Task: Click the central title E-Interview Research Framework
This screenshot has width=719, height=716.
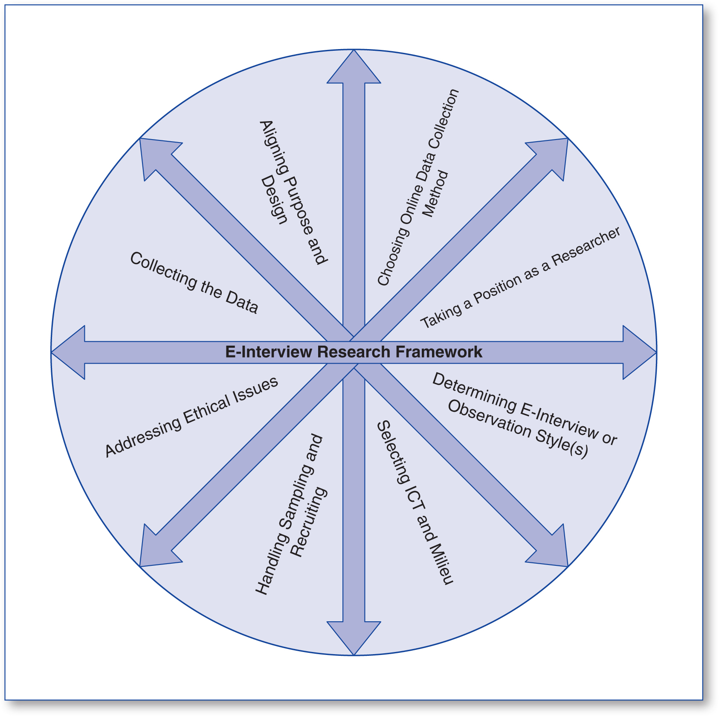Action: point(354,352)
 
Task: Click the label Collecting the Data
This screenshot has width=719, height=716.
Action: point(194,283)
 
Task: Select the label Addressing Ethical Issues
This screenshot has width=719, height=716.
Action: point(191,417)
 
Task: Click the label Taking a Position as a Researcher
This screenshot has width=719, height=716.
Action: point(520,278)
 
